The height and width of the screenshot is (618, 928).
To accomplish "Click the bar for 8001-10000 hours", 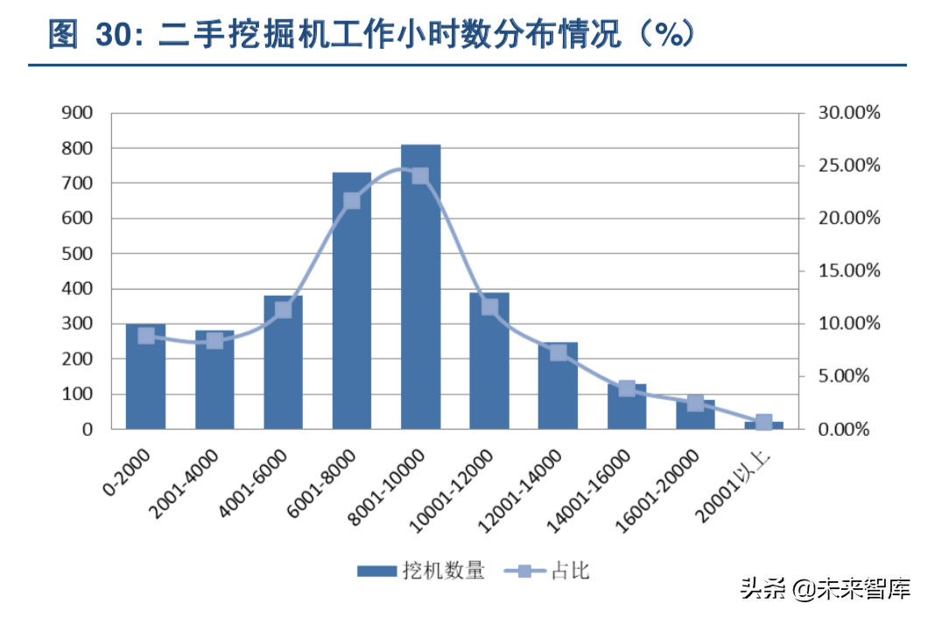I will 420,289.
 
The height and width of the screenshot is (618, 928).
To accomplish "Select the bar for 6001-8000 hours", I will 352,302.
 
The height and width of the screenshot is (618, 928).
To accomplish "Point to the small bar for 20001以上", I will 763,425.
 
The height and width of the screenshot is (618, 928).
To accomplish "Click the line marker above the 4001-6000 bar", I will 283,310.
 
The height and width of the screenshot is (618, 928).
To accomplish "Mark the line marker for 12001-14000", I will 559,353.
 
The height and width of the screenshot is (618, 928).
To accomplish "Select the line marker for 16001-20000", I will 695,403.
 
